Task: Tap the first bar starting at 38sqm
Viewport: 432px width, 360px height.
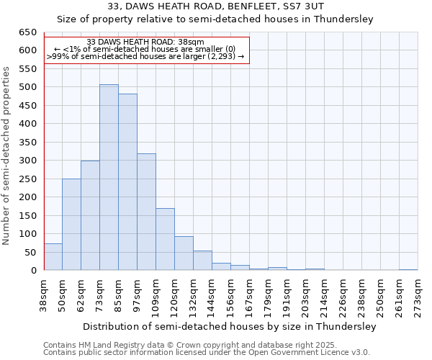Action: [x=53, y=257]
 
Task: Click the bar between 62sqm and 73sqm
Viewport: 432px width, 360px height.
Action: [x=90, y=215]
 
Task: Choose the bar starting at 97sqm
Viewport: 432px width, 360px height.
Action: [x=146, y=212]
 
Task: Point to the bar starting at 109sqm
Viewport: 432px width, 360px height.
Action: [x=165, y=239]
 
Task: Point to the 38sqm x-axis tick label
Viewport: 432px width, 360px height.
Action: [x=44, y=293]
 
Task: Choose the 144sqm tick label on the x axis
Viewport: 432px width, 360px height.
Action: [x=212, y=295]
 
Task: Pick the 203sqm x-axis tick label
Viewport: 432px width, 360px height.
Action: [x=305, y=295]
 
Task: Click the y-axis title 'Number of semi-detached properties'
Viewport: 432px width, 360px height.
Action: [x=7, y=156]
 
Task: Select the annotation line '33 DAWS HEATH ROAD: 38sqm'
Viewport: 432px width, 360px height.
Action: [x=145, y=42]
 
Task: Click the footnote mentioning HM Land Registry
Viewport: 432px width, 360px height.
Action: [x=205, y=345]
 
